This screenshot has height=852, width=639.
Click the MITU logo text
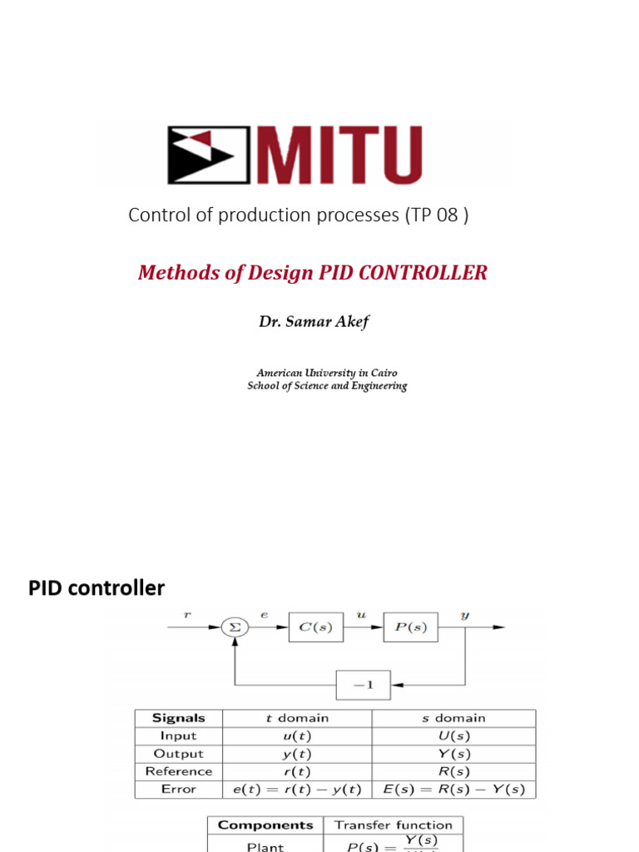(341, 155)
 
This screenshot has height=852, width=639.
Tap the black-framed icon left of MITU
(209, 156)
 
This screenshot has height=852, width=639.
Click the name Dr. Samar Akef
(314, 322)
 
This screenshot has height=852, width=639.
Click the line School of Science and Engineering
(327, 386)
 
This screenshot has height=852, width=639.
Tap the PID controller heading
(97, 588)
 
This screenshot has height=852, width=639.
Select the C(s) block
(315, 628)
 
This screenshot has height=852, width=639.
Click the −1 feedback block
(363, 685)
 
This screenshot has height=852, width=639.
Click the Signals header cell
(179, 718)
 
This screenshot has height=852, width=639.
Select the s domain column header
(453, 718)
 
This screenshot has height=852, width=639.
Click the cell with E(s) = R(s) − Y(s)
(453, 789)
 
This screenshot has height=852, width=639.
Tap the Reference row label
(179, 771)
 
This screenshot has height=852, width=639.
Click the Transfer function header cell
(394, 825)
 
